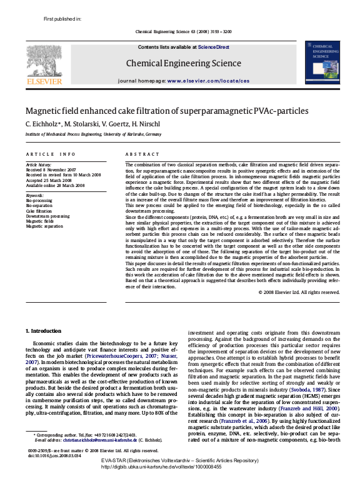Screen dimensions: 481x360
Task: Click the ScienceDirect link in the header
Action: [214, 48]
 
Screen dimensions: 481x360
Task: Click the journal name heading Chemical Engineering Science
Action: [184, 63]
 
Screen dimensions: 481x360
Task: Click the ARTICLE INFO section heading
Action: [51, 154]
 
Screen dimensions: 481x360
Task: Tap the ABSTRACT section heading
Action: [138, 154]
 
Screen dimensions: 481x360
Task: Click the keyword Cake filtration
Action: [39, 211]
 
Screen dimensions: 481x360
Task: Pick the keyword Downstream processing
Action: [47, 216]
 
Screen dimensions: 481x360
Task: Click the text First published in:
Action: [62, 19]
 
